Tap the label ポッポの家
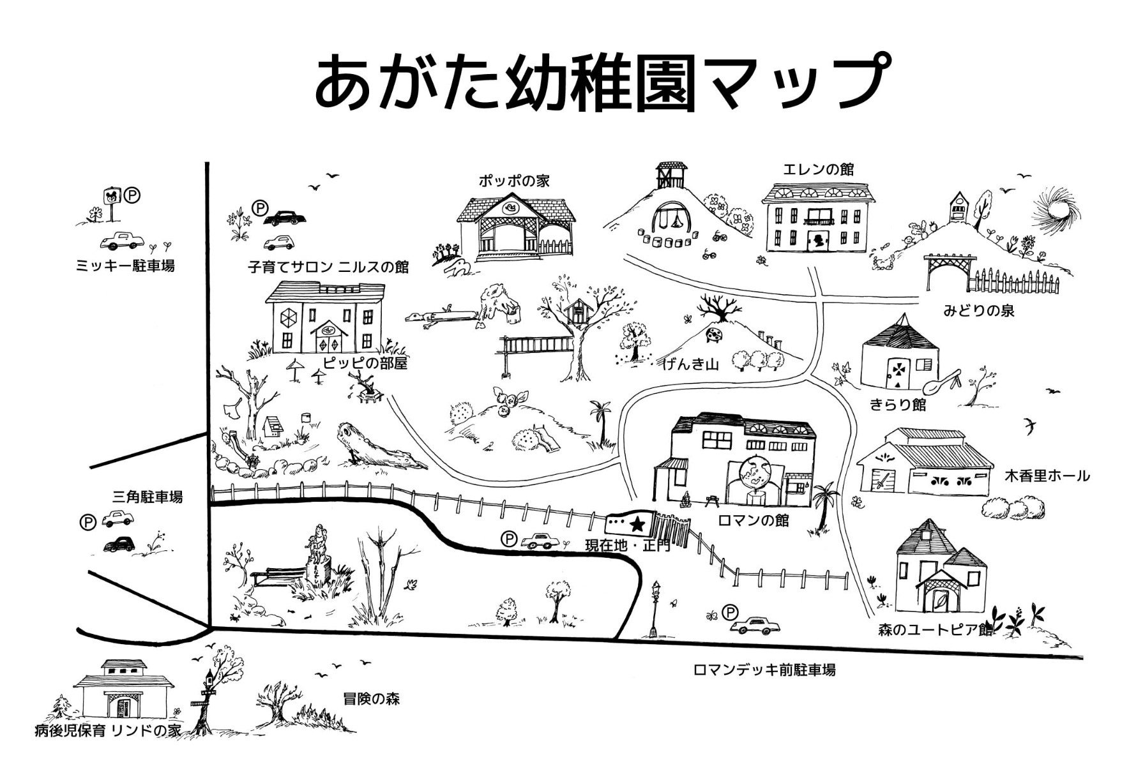[514, 181]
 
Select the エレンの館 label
[818, 170]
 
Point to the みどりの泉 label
[979, 311]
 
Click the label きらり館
[897, 405]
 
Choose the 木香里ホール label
[1047, 476]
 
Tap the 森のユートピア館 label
[935, 630]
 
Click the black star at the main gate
[637, 524]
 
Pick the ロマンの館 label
[753, 520]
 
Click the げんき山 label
[690, 364]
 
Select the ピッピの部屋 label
[365, 363]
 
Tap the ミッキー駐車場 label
[125, 266]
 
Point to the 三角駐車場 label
[148, 497]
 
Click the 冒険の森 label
[371, 699]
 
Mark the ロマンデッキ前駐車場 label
[764, 670]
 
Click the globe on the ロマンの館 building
[755, 472]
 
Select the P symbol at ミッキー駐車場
[132, 195]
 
